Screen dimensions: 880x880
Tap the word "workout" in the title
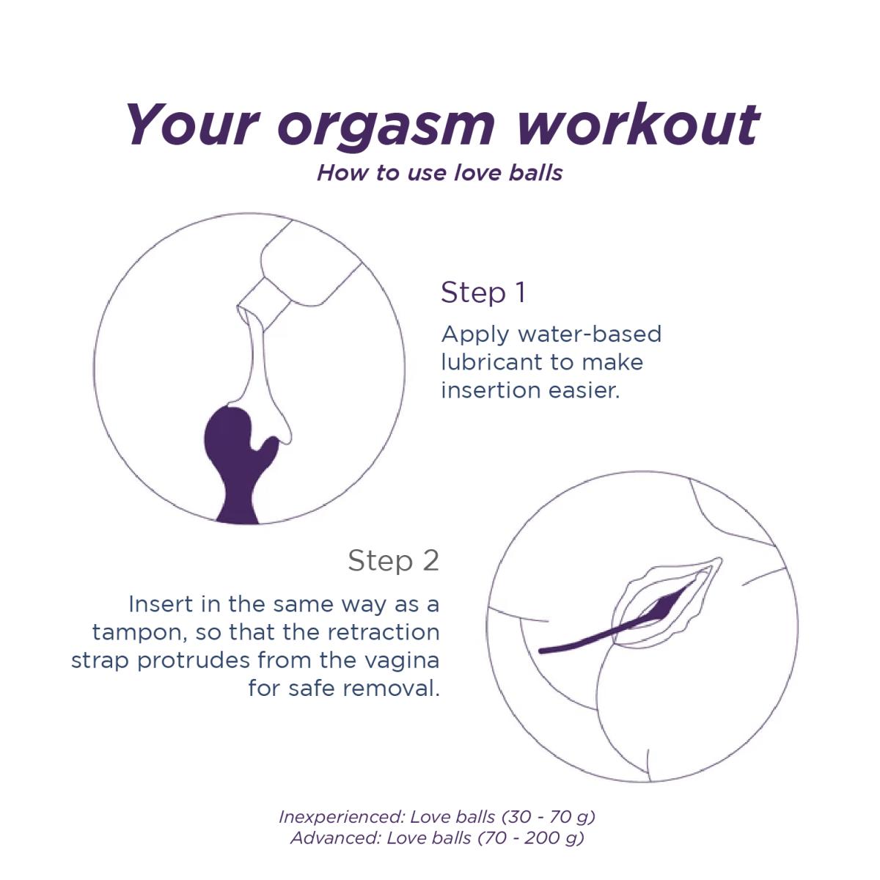(638, 124)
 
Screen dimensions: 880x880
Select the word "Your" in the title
(192, 124)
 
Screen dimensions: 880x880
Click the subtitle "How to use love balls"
(440, 173)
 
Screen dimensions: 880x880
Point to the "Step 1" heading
(483, 293)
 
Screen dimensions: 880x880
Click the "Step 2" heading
(393, 560)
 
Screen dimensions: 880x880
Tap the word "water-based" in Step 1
(590, 334)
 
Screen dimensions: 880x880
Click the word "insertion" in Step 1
(490, 390)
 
